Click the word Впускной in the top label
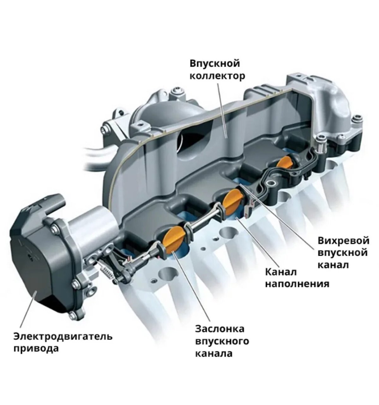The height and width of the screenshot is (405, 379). coord(215,63)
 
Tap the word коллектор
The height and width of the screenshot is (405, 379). coord(217,76)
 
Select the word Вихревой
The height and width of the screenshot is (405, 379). coord(343,241)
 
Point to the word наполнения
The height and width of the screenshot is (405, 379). coord(297,284)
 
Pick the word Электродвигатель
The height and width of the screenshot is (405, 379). coord(63,336)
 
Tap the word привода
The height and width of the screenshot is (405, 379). coord(36,349)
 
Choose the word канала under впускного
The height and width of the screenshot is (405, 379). coord(214,353)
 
